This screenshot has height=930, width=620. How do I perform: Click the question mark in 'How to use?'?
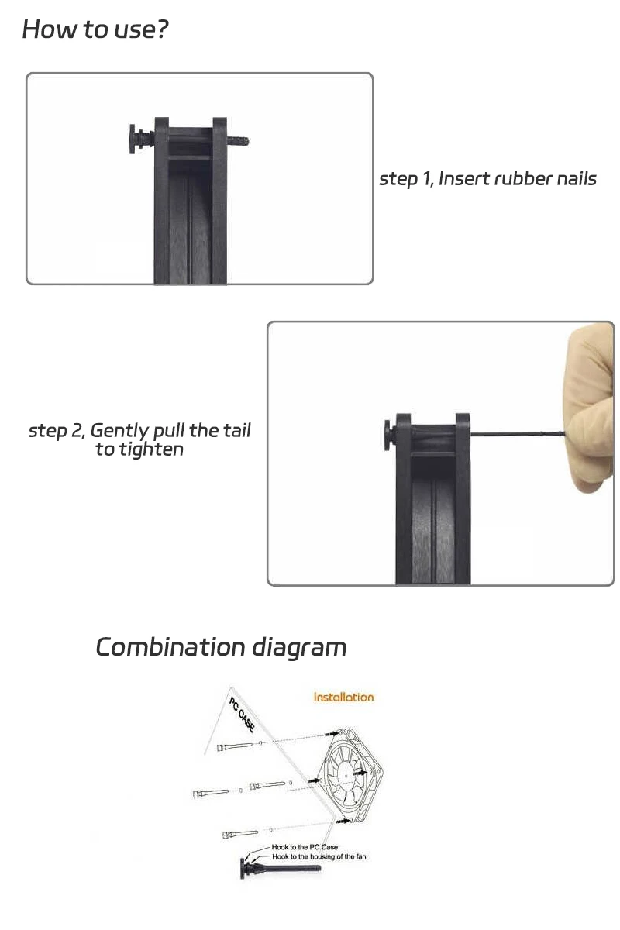tap(161, 29)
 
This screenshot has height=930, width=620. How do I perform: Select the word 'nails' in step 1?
tap(577, 178)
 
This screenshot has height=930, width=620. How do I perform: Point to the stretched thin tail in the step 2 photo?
tap(518, 434)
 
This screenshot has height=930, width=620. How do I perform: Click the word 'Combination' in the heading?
tap(170, 647)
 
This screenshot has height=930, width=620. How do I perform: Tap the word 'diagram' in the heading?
tap(299, 649)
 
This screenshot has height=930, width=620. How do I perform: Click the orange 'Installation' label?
tap(343, 697)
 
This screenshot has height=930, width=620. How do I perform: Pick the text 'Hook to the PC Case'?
tap(305, 847)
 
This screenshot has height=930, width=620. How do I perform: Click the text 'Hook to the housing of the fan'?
tap(319, 856)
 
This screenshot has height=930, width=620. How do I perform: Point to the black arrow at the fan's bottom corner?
tap(343, 821)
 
